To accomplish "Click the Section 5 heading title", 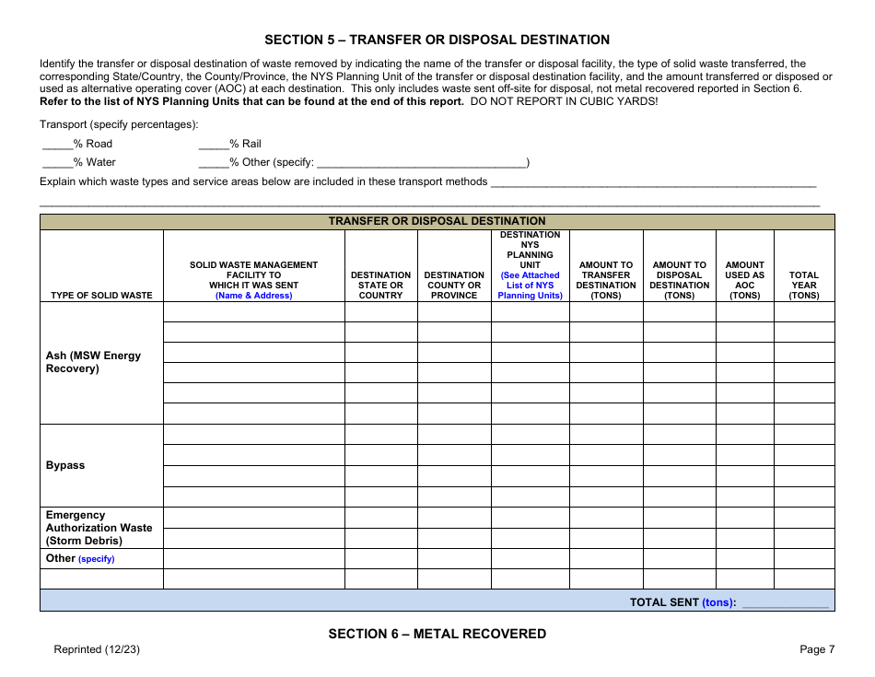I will click(437, 40).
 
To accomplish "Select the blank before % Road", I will click(57, 145).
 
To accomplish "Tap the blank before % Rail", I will click(213, 145).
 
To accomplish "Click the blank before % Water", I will click(57, 163).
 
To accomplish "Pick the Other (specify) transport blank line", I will click(421, 163).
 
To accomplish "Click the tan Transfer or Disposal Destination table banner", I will click(437, 221).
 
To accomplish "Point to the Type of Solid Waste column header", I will click(101, 295).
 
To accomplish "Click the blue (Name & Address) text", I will click(253, 296).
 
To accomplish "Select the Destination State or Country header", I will click(380, 285).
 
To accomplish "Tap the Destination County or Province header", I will click(454, 285).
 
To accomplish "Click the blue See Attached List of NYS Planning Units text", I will click(530, 286).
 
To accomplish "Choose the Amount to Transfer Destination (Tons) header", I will click(605, 280).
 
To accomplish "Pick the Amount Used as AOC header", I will click(744, 280).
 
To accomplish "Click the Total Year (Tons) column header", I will click(803, 285).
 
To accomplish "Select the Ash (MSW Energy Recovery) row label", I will click(94, 362).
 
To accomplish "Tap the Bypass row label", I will click(65, 465).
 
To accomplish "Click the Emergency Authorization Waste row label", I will click(99, 528).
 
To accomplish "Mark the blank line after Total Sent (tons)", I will click(785, 603).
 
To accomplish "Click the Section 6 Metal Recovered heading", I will click(437, 634).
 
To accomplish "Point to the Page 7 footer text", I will click(817, 649).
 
